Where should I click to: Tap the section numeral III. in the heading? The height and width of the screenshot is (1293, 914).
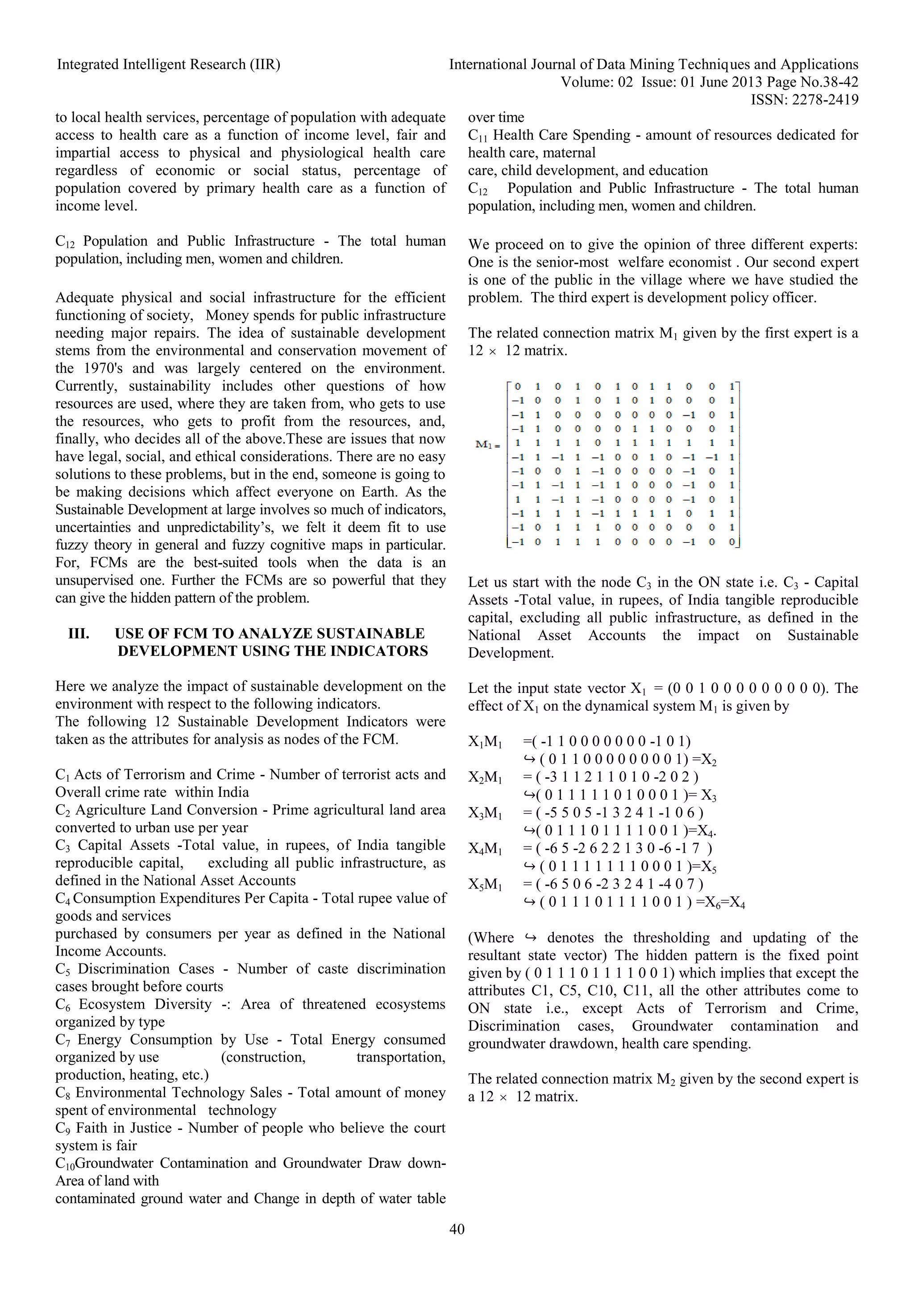coord(79,634)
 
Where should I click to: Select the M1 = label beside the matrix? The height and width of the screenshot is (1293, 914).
coord(488,445)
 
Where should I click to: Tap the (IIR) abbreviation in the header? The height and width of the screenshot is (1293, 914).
coord(265,65)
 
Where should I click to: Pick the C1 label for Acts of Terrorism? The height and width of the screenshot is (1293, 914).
coord(62,776)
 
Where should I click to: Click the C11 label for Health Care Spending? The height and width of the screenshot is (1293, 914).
coord(478,136)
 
